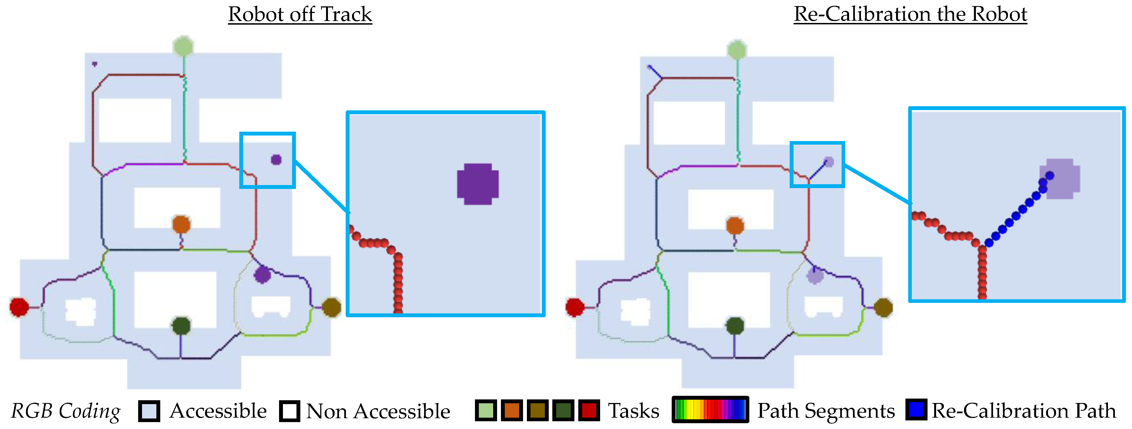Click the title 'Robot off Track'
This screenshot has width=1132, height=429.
coord(300,14)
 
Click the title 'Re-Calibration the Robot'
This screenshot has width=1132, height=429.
coord(910,14)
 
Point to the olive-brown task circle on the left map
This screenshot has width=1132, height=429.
coord(331,307)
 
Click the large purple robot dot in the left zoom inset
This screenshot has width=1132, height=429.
coord(478,184)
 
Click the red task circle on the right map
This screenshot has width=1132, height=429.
coord(575,307)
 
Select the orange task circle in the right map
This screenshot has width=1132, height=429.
coord(735,226)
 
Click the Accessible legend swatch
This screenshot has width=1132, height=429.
coord(149,411)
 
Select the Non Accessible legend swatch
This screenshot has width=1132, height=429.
coord(290,411)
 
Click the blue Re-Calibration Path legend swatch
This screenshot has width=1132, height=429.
coord(916,410)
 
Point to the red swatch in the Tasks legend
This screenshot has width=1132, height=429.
coord(589,410)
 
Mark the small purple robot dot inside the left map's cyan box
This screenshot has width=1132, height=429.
coord(276,159)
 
